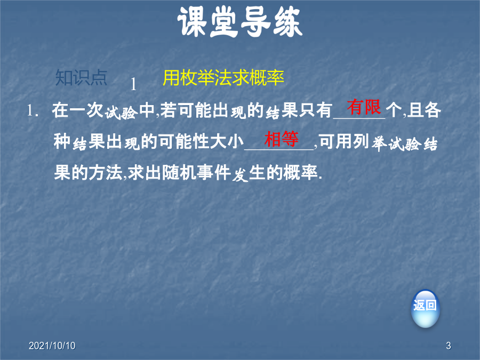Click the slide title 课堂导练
[240, 22]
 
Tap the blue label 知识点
[81, 78]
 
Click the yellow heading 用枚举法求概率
[223, 78]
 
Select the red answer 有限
[364, 107]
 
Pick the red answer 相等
[281, 139]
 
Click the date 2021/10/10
[52, 346]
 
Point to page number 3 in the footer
[449, 346]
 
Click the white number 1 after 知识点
[133, 84]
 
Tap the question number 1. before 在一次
[33, 110]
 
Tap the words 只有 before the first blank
[316, 110]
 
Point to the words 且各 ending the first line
[424, 110]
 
